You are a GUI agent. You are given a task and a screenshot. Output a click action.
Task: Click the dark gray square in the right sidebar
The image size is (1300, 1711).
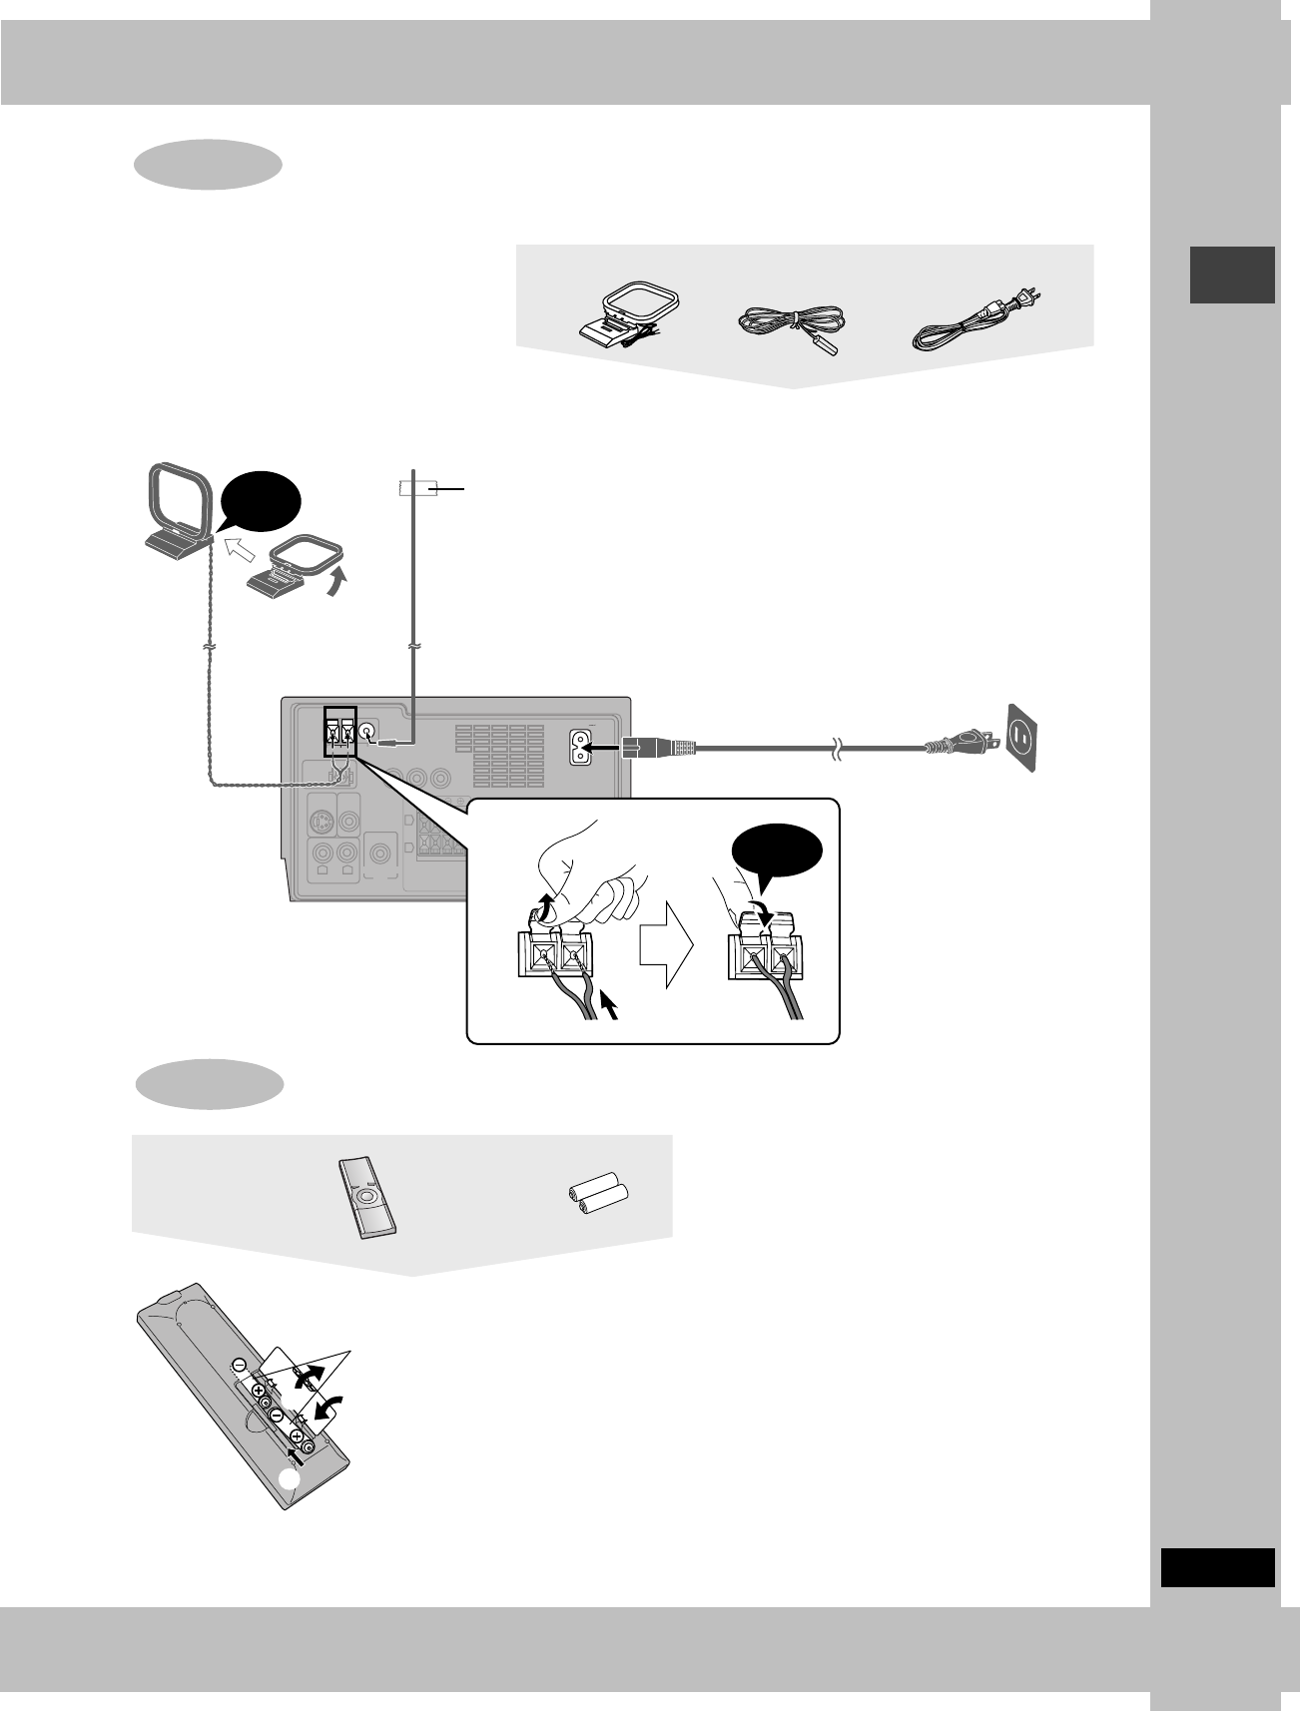pyautogui.click(x=1232, y=275)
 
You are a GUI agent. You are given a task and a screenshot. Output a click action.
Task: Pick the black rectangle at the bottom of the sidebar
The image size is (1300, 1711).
pyautogui.click(x=1218, y=1566)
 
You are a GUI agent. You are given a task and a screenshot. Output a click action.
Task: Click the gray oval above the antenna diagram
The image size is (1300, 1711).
pyautogui.click(x=208, y=165)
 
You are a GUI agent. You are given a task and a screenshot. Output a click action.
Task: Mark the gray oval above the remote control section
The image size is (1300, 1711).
pyautogui.click(x=208, y=1085)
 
